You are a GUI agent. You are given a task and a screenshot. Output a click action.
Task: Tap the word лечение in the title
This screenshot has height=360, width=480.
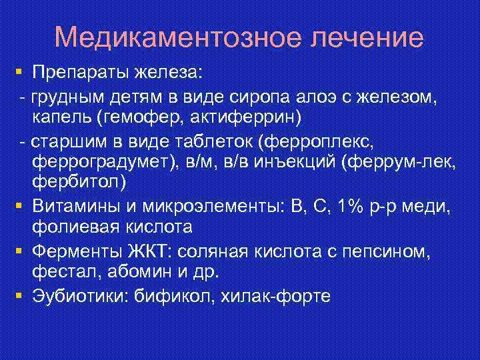pyautogui.click(x=366, y=37)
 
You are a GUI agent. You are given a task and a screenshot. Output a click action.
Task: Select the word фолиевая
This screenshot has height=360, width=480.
pyautogui.click(x=73, y=227)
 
